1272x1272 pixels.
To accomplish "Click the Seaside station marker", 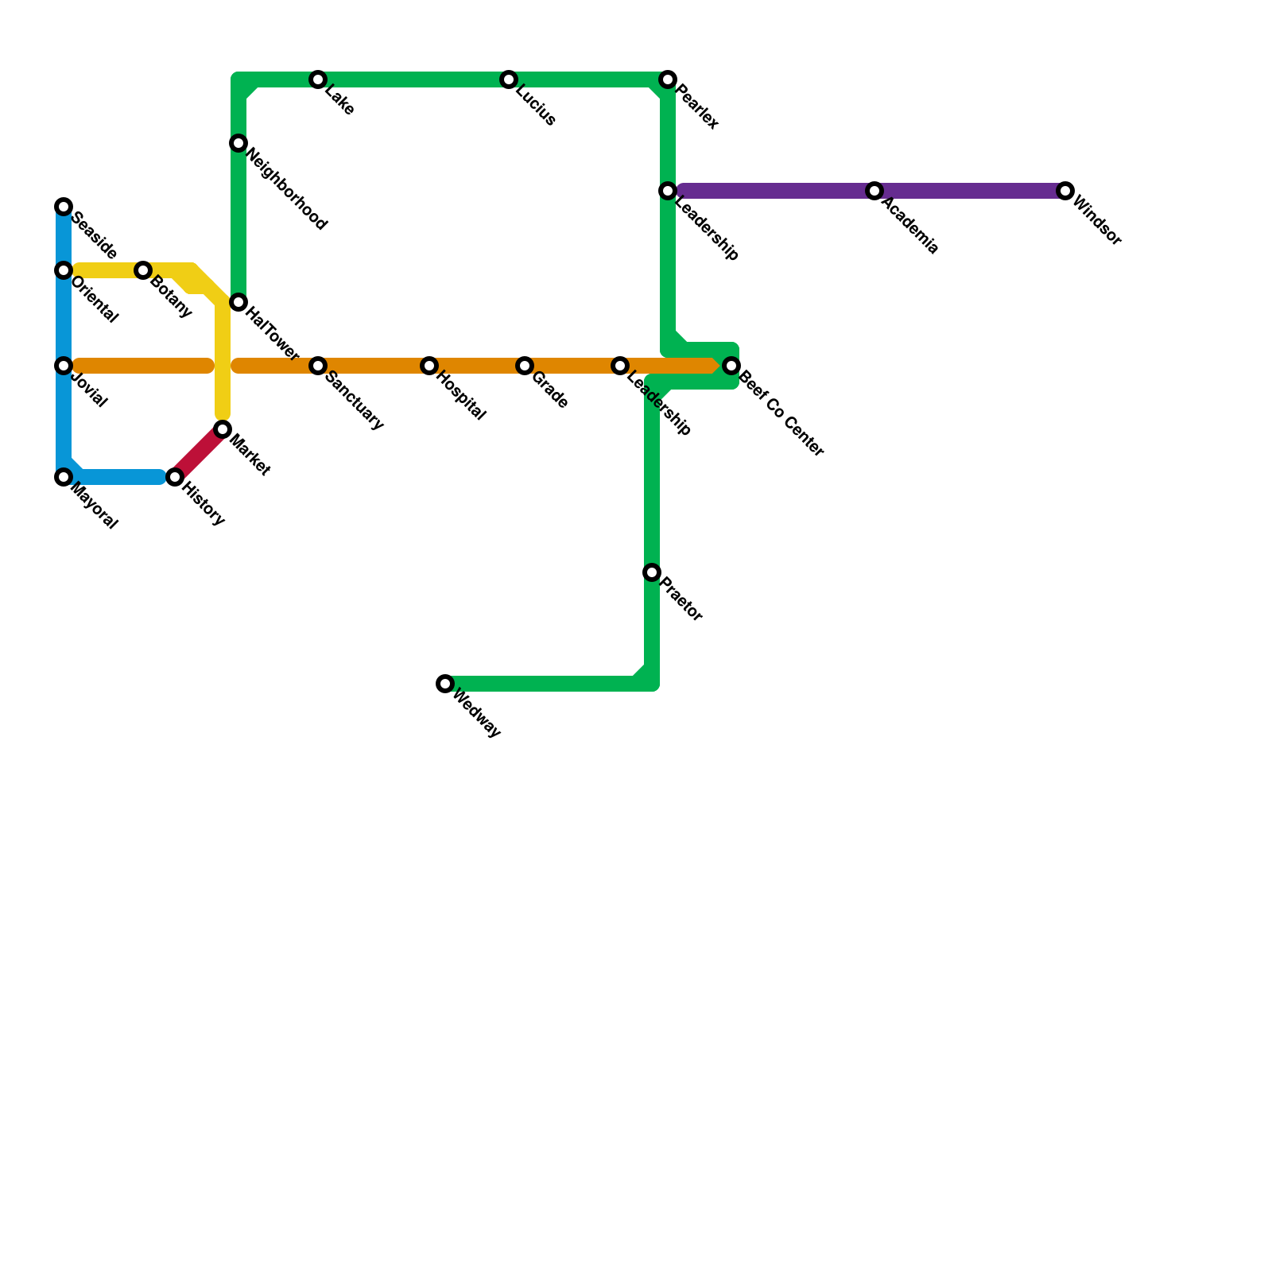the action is click(x=64, y=207).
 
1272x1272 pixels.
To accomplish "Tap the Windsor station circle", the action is click(x=1065, y=191).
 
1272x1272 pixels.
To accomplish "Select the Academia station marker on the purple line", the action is click(x=874, y=191).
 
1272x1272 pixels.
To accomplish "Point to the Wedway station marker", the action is click(x=445, y=684).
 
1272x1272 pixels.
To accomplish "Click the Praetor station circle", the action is click(x=652, y=572).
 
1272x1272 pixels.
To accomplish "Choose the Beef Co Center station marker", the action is click(x=731, y=366).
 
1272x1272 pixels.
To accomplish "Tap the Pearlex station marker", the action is click(x=668, y=79).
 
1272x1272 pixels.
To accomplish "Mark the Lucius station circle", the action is click(x=509, y=79).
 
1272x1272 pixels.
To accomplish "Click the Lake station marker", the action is click(x=318, y=79).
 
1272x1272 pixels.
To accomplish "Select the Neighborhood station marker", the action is click(x=238, y=143).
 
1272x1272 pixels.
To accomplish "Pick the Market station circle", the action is click(x=223, y=429).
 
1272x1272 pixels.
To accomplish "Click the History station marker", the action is click(x=175, y=477).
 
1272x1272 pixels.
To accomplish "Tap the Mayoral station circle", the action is click(x=64, y=477).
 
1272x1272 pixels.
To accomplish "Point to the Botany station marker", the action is click(x=143, y=270).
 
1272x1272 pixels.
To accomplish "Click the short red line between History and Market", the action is click(x=199, y=453).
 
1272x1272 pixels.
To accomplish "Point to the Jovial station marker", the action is click(x=64, y=366).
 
